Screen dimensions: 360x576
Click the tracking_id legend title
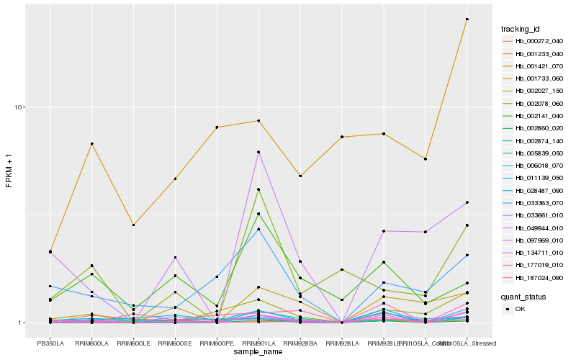click(521, 29)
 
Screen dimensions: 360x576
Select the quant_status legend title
click(523, 296)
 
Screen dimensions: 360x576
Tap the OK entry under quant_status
click(520, 308)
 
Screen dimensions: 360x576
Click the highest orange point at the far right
click(467, 19)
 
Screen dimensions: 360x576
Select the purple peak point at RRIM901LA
click(258, 152)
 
